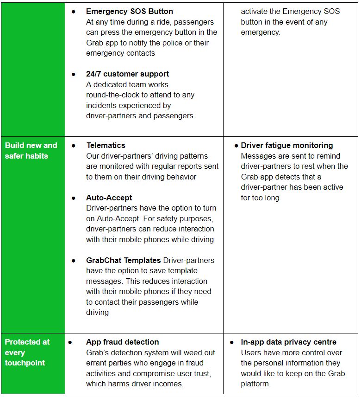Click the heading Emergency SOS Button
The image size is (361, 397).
click(130, 11)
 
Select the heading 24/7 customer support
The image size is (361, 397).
click(127, 74)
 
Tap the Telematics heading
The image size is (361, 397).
click(106, 145)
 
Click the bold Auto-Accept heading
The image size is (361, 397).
click(109, 198)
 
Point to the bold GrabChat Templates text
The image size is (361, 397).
click(124, 260)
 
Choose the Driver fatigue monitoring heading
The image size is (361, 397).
click(287, 145)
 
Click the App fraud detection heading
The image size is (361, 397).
click(123, 342)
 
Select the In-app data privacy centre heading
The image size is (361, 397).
click(289, 342)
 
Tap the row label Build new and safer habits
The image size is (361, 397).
click(31, 150)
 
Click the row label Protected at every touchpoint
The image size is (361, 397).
click(27, 352)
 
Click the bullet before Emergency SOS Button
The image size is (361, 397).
click(74, 11)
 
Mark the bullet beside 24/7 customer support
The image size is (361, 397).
click(74, 74)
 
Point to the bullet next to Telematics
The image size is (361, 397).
click(74, 145)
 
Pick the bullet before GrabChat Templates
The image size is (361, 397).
click(74, 260)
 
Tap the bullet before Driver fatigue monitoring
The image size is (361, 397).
click(236, 146)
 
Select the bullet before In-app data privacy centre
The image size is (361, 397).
click(232, 342)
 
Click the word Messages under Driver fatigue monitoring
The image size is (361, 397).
click(258, 156)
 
